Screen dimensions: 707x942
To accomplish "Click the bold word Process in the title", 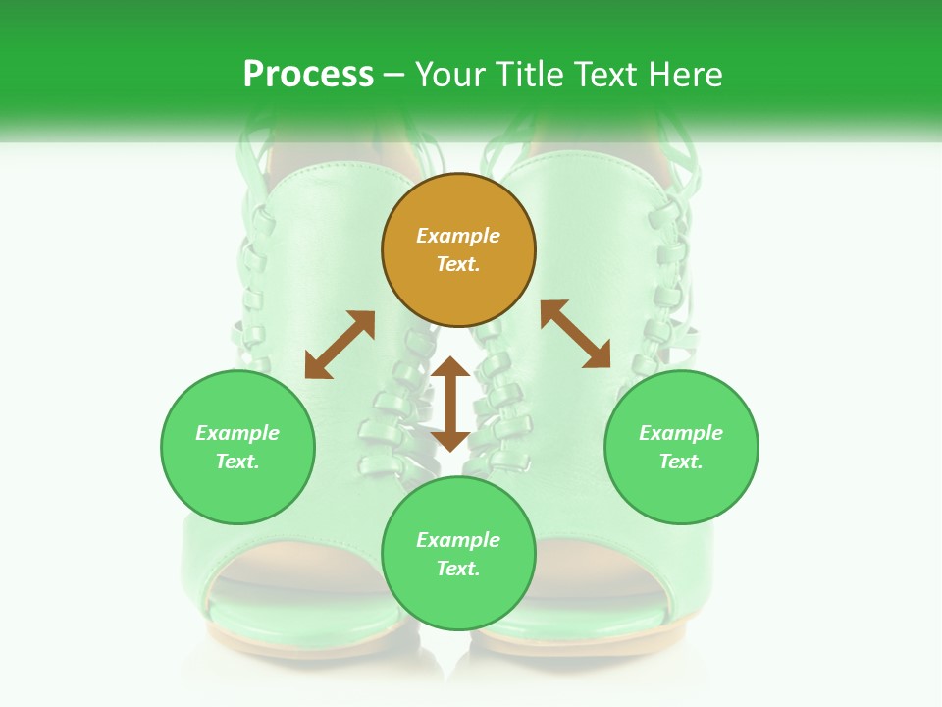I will click(x=308, y=75).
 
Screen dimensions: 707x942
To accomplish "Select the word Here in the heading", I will click(x=684, y=75).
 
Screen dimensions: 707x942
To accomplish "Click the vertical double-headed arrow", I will click(x=450, y=404).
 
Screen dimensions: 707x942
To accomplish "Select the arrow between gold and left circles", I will click(x=340, y=345).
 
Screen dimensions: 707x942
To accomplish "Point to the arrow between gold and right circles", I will click(x=575, y=334).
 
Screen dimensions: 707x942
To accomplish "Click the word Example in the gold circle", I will click(x=458, y=236).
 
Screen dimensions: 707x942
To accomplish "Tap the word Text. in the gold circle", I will click(x=458, y=264).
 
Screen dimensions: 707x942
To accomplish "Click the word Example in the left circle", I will click(x=237, y=433).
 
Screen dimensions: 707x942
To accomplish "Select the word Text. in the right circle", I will click(x=681, y=462).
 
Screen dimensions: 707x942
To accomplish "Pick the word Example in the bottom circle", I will click(x=458, y=540).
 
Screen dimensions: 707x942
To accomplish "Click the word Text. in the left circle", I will click(x=237, y=462).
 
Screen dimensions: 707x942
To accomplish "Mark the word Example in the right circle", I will click(x=681, y=433).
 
